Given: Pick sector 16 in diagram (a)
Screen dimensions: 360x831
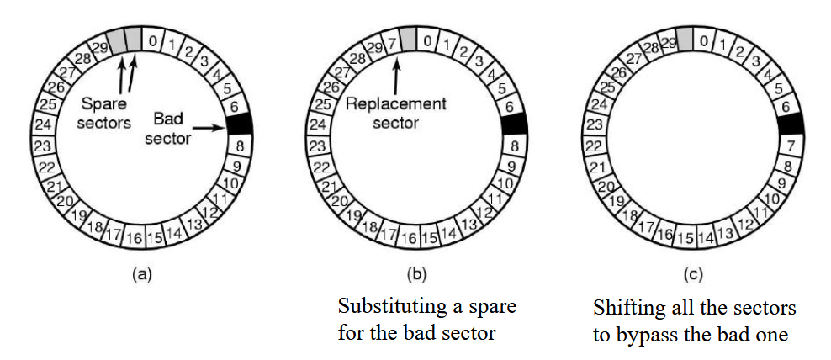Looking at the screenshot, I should [135, 238].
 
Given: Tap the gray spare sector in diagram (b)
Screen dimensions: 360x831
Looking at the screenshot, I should [409, 38].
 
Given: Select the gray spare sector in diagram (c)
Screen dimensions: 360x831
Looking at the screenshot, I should [685, 38].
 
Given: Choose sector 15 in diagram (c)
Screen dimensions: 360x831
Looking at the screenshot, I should [686, 238].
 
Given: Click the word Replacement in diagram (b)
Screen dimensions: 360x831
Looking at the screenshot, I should [394, 104].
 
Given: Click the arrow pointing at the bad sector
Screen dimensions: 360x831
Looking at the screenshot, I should [211, 129].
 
